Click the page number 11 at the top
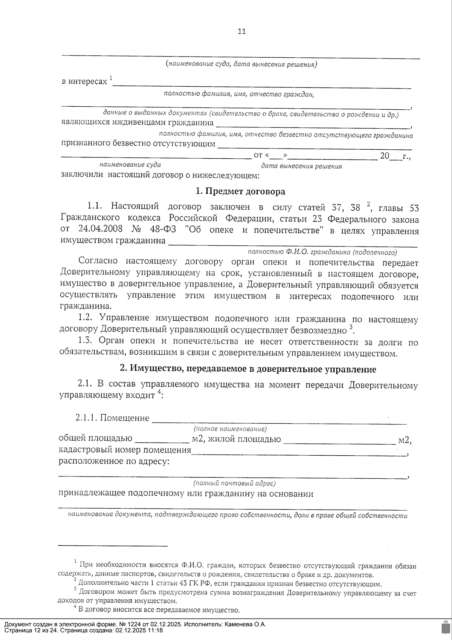pos(242,31)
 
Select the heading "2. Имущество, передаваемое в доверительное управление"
pos(247,369)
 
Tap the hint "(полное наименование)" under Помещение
pos(230,429)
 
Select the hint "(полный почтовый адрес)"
pos(234,483)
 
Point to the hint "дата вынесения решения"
pos(301,166)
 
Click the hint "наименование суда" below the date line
pos(130,165)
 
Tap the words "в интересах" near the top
pos(84,81)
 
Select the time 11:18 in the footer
pos(156,630)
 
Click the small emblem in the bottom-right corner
pos(444,627)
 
